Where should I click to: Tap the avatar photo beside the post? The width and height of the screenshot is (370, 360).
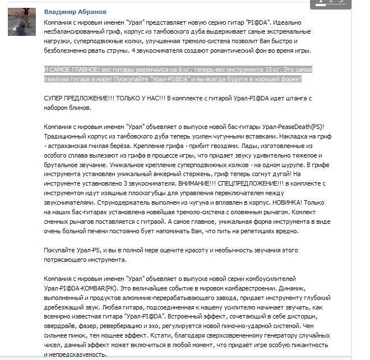[x=22, y=22]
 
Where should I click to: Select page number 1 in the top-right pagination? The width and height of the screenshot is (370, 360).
[x=321, y=2]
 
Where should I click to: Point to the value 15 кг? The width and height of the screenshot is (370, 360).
[x=274, y=70]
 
